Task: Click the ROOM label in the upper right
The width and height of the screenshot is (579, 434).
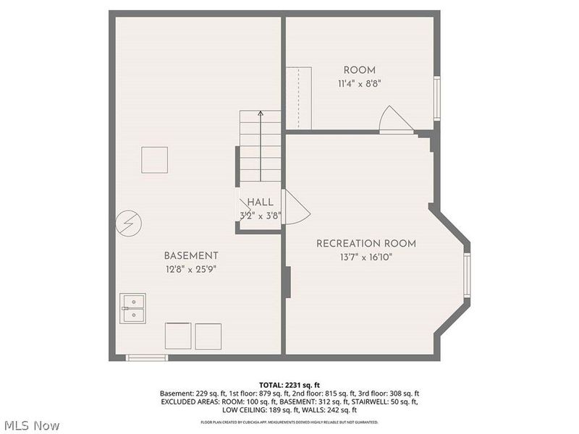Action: coord(359,70)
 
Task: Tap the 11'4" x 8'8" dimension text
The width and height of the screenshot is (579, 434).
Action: coord(359,83)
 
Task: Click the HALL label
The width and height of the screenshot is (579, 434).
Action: coord(260,203)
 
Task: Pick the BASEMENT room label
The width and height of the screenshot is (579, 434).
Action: coord(190,256)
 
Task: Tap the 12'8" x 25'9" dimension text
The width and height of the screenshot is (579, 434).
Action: coord(190,269)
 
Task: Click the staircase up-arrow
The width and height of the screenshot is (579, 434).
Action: coord(261,116)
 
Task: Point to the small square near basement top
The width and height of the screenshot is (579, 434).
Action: coord(154,159)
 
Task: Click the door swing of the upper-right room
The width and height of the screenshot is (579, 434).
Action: coord(394,119)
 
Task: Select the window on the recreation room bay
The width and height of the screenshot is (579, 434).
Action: coord(468,276)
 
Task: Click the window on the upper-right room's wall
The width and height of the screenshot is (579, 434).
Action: coord(436,98)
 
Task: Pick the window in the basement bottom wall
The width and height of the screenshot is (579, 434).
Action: coord(147,357)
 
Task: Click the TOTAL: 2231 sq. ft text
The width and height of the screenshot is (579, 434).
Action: coord(289,384)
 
